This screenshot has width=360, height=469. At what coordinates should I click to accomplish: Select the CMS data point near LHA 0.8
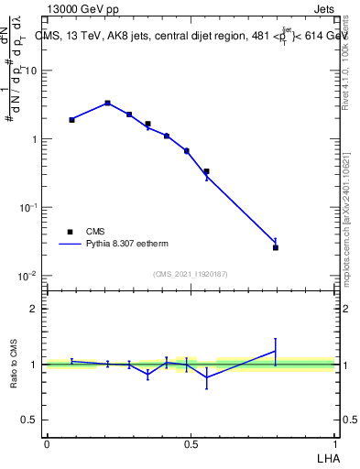[x=275, y=247]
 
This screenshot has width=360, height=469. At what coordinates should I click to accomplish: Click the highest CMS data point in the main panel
[x=108, y=104]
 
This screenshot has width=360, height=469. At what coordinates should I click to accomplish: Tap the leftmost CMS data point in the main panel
[x=71, y=120]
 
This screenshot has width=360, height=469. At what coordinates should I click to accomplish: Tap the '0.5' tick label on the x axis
[x=191, y=444]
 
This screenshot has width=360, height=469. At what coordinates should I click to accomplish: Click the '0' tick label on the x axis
[x=47, y=444]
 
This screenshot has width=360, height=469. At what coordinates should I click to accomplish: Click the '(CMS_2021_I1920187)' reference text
[x=191, y=274]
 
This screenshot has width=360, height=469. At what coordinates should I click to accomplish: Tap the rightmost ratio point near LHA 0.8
[x=275, y=351]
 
